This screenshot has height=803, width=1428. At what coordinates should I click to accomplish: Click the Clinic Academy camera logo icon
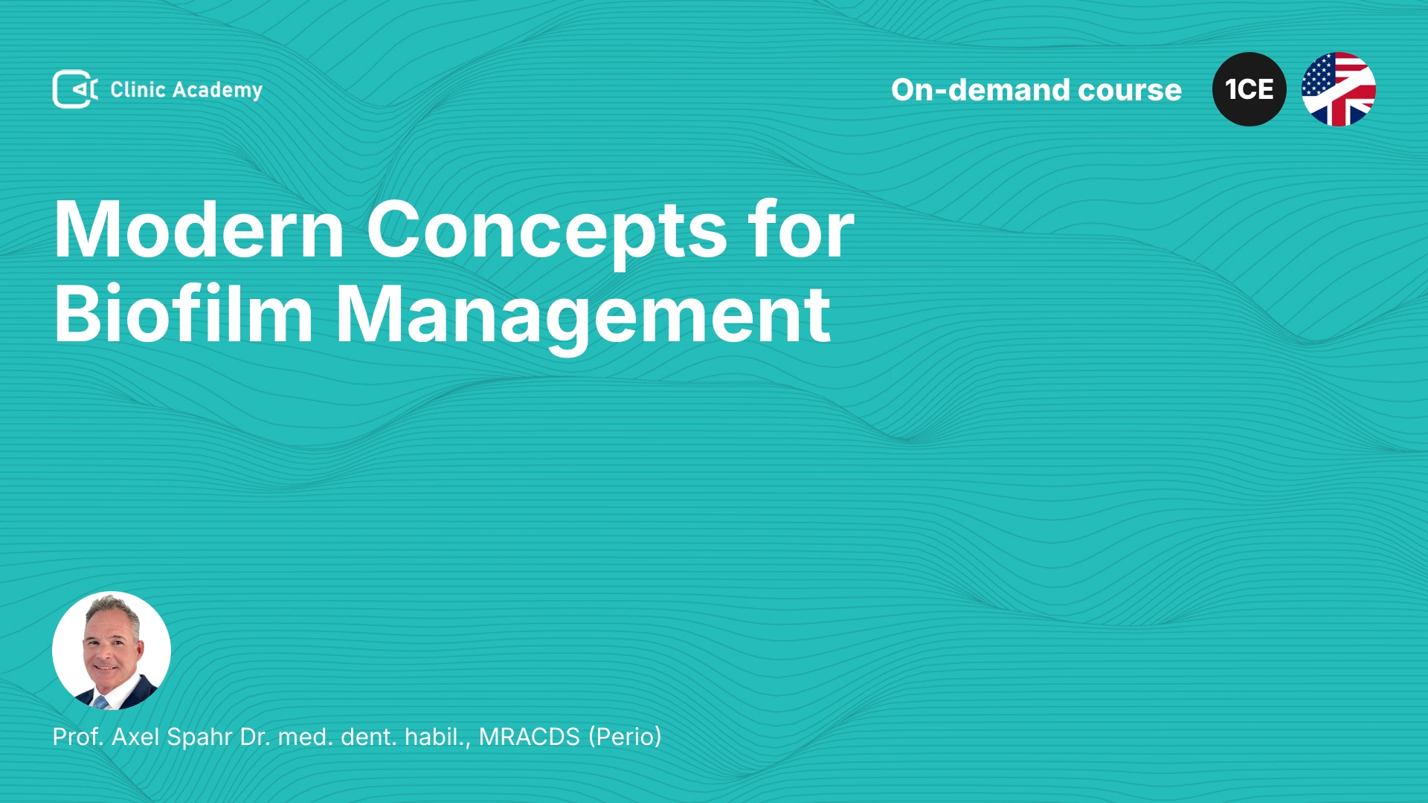coord(74,89)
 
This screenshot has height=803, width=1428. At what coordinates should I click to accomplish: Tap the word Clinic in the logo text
coord(138,89)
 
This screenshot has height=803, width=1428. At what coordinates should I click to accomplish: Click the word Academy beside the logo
coord(218,91)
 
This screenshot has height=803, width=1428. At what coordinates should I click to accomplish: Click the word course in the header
coord(1130,91)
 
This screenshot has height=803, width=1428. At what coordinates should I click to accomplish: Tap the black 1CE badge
coord(1249,89)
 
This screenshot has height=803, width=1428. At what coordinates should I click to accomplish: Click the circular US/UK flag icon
coord(1339,89)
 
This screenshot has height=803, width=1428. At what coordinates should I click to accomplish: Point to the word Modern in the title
coord(199,230)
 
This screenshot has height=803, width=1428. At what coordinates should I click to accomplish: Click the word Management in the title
coord(583,317)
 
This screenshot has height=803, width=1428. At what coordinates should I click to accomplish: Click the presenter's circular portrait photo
coord(112,651)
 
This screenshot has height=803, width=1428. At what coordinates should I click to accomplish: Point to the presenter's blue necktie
coord(100,701)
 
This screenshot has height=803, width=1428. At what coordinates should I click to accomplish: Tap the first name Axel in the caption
coord(135,737)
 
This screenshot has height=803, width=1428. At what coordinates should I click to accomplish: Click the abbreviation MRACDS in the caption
coord(529,737)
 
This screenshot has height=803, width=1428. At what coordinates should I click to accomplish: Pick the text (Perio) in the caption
coord(625,738)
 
